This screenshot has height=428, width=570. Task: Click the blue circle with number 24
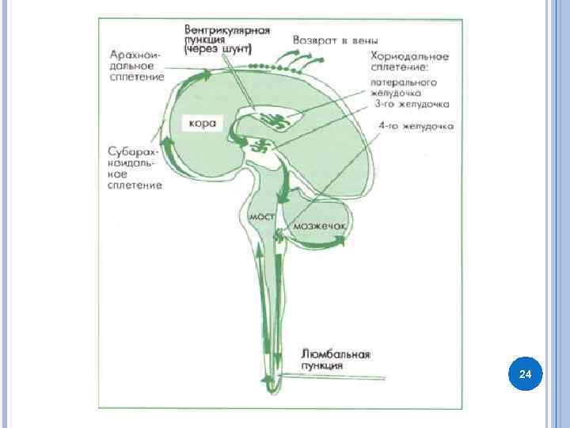pos(524,373)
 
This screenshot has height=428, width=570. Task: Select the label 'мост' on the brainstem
pos(261,216)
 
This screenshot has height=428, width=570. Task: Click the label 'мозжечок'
pos(320,227)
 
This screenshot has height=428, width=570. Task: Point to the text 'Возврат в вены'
pos(335,40)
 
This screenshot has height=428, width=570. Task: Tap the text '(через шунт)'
pos(217,49)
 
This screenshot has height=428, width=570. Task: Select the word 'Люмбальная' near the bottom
pos(336,354)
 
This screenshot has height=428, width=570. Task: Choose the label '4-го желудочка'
pos(415,125)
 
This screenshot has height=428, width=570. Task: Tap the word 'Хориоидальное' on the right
pos(410,57)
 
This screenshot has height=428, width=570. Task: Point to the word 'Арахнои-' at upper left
pos(137,55)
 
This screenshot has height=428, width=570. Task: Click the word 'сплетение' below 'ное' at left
pos(135,185)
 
